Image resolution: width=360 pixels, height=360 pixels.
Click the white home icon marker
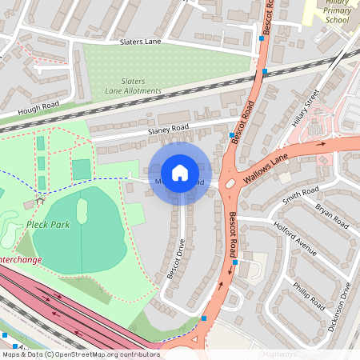pos(180,173)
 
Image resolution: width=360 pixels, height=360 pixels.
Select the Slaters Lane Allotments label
pos(133,86)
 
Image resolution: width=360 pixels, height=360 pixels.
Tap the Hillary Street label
pos(306,107)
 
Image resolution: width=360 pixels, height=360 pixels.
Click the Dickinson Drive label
pos(345,299)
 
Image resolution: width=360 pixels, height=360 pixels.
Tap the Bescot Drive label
pos(176,260)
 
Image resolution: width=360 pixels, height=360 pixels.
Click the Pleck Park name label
pos(47,225)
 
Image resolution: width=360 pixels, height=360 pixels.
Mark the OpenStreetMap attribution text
pos(80,354)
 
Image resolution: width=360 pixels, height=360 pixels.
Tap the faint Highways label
pos(279,353)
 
